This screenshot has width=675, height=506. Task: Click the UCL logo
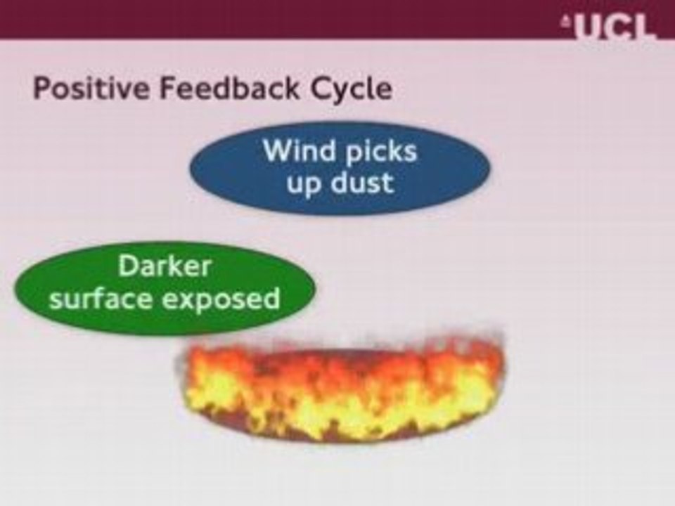point(610,27)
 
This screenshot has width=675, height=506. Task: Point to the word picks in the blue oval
point(381,153)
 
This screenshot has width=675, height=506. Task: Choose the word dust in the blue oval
point(362,183)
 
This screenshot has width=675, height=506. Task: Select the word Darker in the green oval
point(164,266)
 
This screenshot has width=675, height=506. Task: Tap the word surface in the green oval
point(101,298)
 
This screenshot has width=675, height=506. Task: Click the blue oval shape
point(340,168)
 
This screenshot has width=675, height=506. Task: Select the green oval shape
point(164,287)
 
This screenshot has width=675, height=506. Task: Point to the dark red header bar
point(337,20)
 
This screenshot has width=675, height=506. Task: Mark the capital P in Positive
point(42,89)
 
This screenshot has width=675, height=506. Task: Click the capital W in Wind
point(278,151)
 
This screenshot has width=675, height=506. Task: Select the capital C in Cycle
point(320,89)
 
